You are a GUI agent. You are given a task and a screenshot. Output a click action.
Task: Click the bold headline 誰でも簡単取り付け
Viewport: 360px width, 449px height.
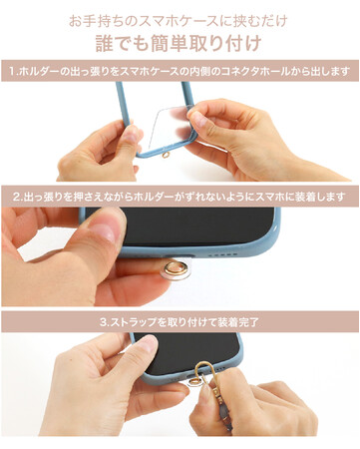179,43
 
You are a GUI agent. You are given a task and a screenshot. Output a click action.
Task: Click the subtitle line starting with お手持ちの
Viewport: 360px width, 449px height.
178,21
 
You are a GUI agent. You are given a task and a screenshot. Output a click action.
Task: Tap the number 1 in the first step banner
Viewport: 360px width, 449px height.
12,72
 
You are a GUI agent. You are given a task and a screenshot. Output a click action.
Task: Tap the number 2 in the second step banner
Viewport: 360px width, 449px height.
16,198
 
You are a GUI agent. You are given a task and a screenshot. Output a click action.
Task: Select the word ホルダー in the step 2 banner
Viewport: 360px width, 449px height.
154,198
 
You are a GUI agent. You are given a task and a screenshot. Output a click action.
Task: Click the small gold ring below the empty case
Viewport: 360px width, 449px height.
164,155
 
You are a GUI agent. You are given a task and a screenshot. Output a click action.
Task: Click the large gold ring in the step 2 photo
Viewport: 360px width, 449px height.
177,267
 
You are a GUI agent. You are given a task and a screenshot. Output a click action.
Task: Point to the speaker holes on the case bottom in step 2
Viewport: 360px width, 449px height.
222,255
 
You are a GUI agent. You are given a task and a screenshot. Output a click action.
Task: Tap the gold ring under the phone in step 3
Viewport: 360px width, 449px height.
194,381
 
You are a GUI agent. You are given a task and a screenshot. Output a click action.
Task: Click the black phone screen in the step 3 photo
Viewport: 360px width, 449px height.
187,352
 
